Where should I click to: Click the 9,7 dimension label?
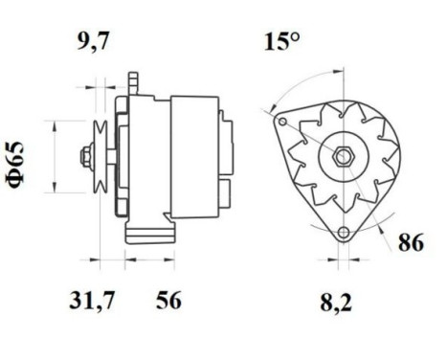(x=93, y=41)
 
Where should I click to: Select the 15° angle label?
(x=282, y=41)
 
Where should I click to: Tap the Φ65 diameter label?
(x=15, y=165)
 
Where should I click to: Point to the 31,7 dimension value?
(x=92, y=300)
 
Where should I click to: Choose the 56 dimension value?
(x=168, y=300)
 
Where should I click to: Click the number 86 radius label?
(x=411, y=242)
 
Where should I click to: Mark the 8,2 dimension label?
(x=336, y=303)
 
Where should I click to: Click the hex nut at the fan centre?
(x=344, y=156)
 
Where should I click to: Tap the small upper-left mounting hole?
(x=282, y=122)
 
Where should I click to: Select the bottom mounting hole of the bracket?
(x=344, y=233)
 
